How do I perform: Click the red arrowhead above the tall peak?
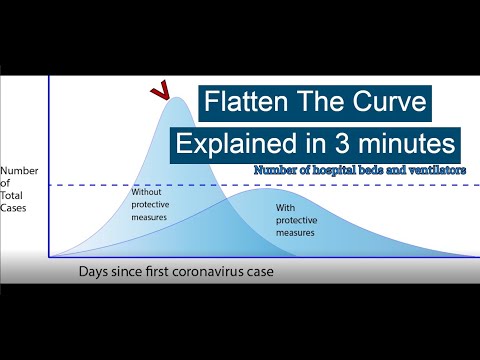click(x=158, y=93)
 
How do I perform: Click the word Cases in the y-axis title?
click(x=15, y=207)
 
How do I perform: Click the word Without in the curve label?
click(x=147, y=193)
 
